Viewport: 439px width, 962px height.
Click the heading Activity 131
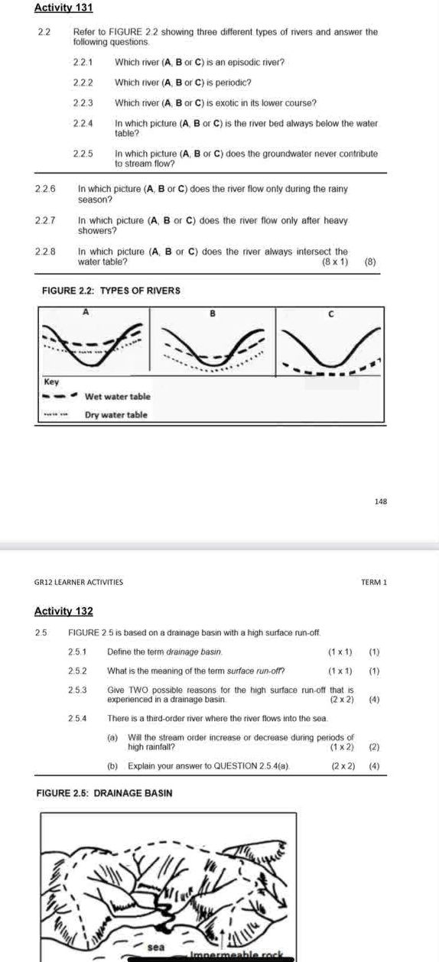[x=63, y=8]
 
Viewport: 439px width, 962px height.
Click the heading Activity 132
[x=63, y=610]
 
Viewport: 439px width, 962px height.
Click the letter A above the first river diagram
[x=86, y=312]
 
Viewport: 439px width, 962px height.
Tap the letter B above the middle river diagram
[x=213, y=313]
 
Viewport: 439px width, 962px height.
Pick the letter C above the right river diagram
[x=330, y=313]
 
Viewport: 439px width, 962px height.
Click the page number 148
[x=381, y=502]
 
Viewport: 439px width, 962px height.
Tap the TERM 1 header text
[x=374, y=583]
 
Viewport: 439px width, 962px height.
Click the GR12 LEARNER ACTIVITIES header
[x=79, y=583]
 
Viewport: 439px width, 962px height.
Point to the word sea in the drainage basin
[x=156, y=947]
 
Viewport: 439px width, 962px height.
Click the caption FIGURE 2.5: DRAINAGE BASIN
[x=104, y=793]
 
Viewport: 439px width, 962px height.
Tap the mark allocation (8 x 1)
[x=335, y=262]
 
